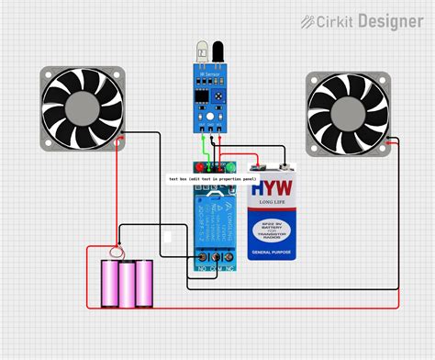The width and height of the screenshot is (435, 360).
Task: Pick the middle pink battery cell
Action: tap(127, 285)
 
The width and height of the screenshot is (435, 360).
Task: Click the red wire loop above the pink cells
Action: tap(117, 254)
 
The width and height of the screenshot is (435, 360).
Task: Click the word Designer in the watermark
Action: tap(391, 20)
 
